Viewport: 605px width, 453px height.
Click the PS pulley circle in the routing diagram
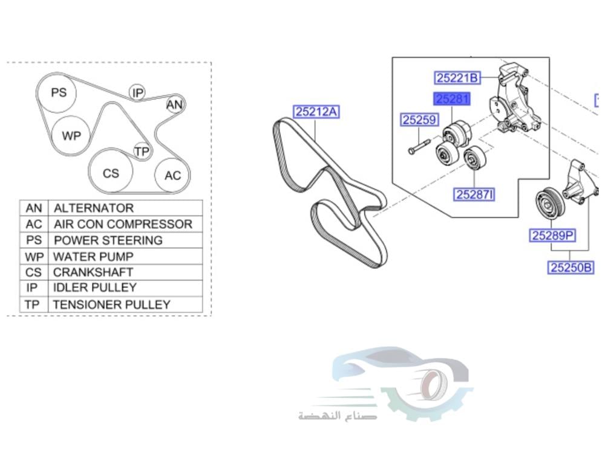[59, 93]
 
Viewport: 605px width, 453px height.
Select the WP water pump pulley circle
[71, 135]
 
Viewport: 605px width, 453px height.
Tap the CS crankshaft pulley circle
[111, 173]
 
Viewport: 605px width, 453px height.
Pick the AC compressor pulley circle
[172, 176]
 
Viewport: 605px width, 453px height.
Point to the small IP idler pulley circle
[138, 92]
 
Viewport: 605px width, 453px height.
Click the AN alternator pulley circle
[174, 105]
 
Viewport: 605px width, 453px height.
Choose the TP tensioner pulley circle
[142, 152]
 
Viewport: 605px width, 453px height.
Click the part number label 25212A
[316, 112]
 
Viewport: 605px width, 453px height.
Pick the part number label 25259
[419, 120]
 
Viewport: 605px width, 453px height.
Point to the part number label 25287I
[475, 194]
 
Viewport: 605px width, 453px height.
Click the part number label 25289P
[552, 236]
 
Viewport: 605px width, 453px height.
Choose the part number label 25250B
[571, 267]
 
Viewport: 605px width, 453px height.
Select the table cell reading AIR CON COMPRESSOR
[123, 224]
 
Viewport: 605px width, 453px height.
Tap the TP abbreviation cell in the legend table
[32, 304]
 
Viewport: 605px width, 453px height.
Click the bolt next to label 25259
[418, 147]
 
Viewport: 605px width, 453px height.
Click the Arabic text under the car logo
[337, 416]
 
